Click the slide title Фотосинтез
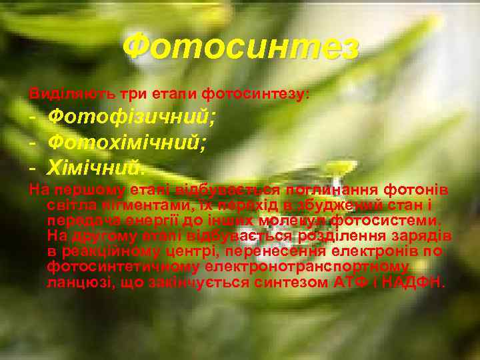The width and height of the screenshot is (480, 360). tap(241, 47)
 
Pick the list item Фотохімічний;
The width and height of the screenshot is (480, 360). tap(127, 141)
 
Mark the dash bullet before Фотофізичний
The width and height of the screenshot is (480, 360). tap(34, 117)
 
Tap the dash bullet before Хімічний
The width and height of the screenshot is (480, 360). tap(34, 164)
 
